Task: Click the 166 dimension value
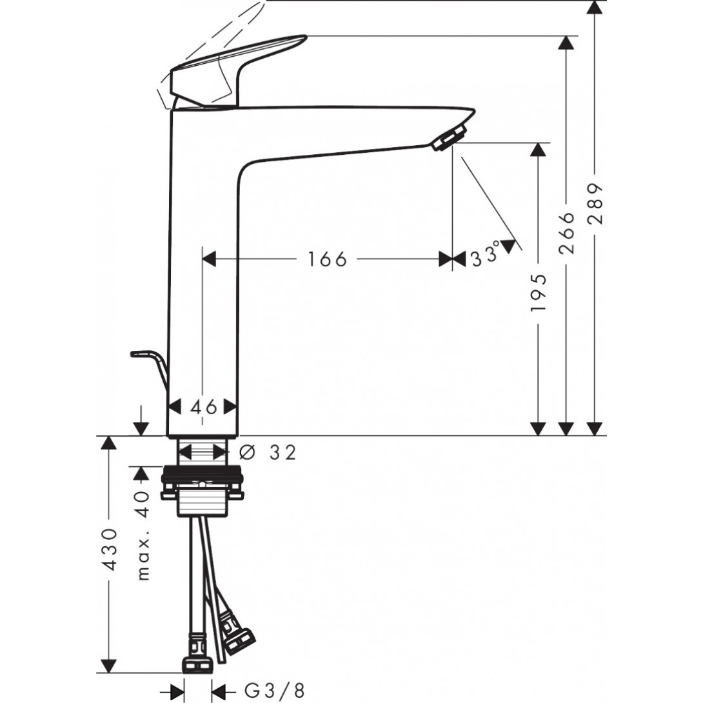327,259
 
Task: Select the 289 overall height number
596,204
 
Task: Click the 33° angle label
485,255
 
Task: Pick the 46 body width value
203,407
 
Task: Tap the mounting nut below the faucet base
203,490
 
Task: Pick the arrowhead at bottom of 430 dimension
110,666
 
